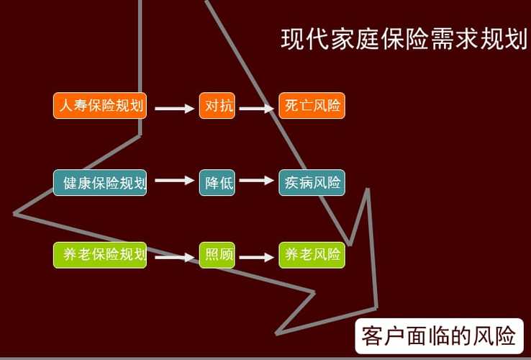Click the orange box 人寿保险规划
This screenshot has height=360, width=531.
pyautogui.click(x=100, y=107)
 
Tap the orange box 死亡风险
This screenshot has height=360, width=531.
pyautogui.click(x=312, y=107)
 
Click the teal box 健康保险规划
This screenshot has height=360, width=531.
pyautogui.click(x=100, y=182)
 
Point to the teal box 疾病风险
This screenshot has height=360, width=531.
pyautogui.click(x=312, y=182)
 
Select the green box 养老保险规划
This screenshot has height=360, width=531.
pyautogui.click(x=100, y=255)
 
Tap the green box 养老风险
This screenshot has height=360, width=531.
pyautogui.click(x=312, y=255)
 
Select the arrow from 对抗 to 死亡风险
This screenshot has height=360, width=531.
pyautogui.click(x=257, y=109)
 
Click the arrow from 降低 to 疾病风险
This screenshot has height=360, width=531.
pyautogui.click(x=257, y=181)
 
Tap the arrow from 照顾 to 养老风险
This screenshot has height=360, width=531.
pyautogui.click(x=257, y=256)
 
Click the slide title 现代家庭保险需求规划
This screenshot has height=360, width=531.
pyautogui.click(x=404, y=39)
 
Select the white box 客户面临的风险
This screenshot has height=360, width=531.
pyautogui.click(x=439, y=336)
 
